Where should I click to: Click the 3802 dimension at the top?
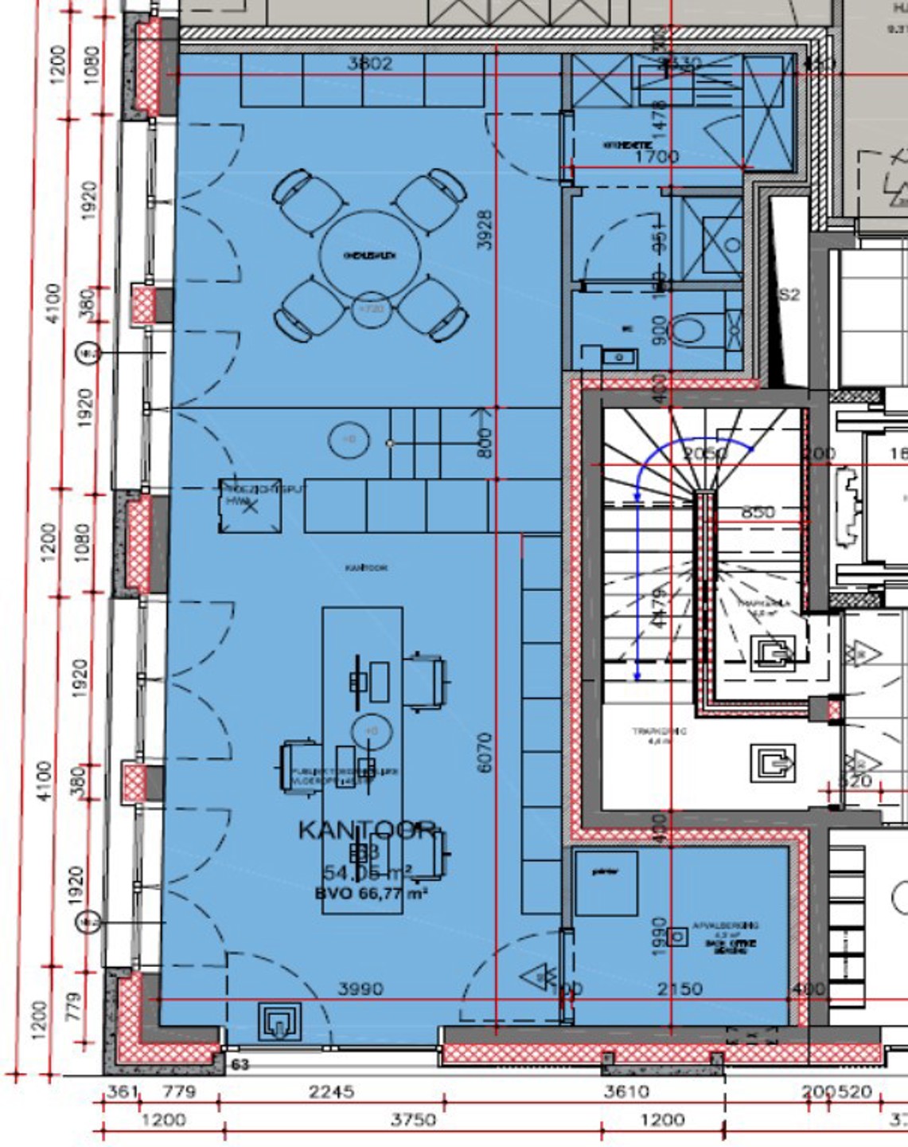370,63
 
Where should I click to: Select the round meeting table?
369,255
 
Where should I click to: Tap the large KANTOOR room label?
368,830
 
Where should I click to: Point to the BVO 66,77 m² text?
371,893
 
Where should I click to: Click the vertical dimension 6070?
485,752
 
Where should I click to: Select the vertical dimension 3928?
485,229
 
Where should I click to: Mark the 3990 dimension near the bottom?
360,988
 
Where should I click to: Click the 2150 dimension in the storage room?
680,988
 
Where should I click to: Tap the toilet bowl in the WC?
687,329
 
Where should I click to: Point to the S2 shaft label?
788,295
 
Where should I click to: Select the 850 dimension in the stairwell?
758,511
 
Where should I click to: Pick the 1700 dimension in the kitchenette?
657,156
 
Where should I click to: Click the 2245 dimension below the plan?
331,1091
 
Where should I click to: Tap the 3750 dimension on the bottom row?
412,1120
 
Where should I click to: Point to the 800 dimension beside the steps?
485,443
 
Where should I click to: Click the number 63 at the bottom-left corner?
240,1064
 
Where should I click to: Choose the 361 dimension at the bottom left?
123,1091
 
